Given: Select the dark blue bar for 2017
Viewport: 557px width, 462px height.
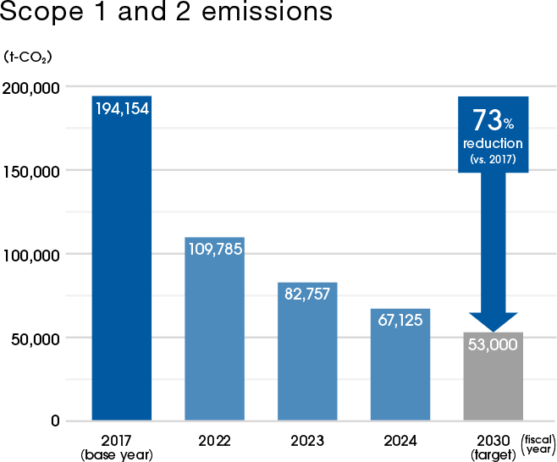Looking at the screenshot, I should coord(122,271).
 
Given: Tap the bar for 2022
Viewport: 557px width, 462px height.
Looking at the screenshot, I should coord(214,338).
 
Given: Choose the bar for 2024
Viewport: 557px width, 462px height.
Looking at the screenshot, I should coord(400,372).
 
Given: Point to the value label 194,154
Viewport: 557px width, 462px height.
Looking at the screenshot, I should coord(122,109).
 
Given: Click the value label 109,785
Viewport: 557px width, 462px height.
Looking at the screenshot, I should coord(214,250).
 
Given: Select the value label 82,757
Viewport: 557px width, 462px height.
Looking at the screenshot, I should coord(307,295).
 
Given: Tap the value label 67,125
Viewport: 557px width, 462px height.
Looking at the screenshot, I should coord(400,322).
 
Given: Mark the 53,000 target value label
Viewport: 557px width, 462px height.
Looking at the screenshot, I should coord(494,345).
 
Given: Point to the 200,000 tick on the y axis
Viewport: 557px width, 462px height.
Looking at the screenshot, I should coord(30,87).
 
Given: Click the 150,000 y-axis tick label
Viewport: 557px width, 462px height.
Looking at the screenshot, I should coord(30,171).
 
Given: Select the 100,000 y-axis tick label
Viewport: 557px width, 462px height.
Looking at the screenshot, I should coord(30,255).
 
